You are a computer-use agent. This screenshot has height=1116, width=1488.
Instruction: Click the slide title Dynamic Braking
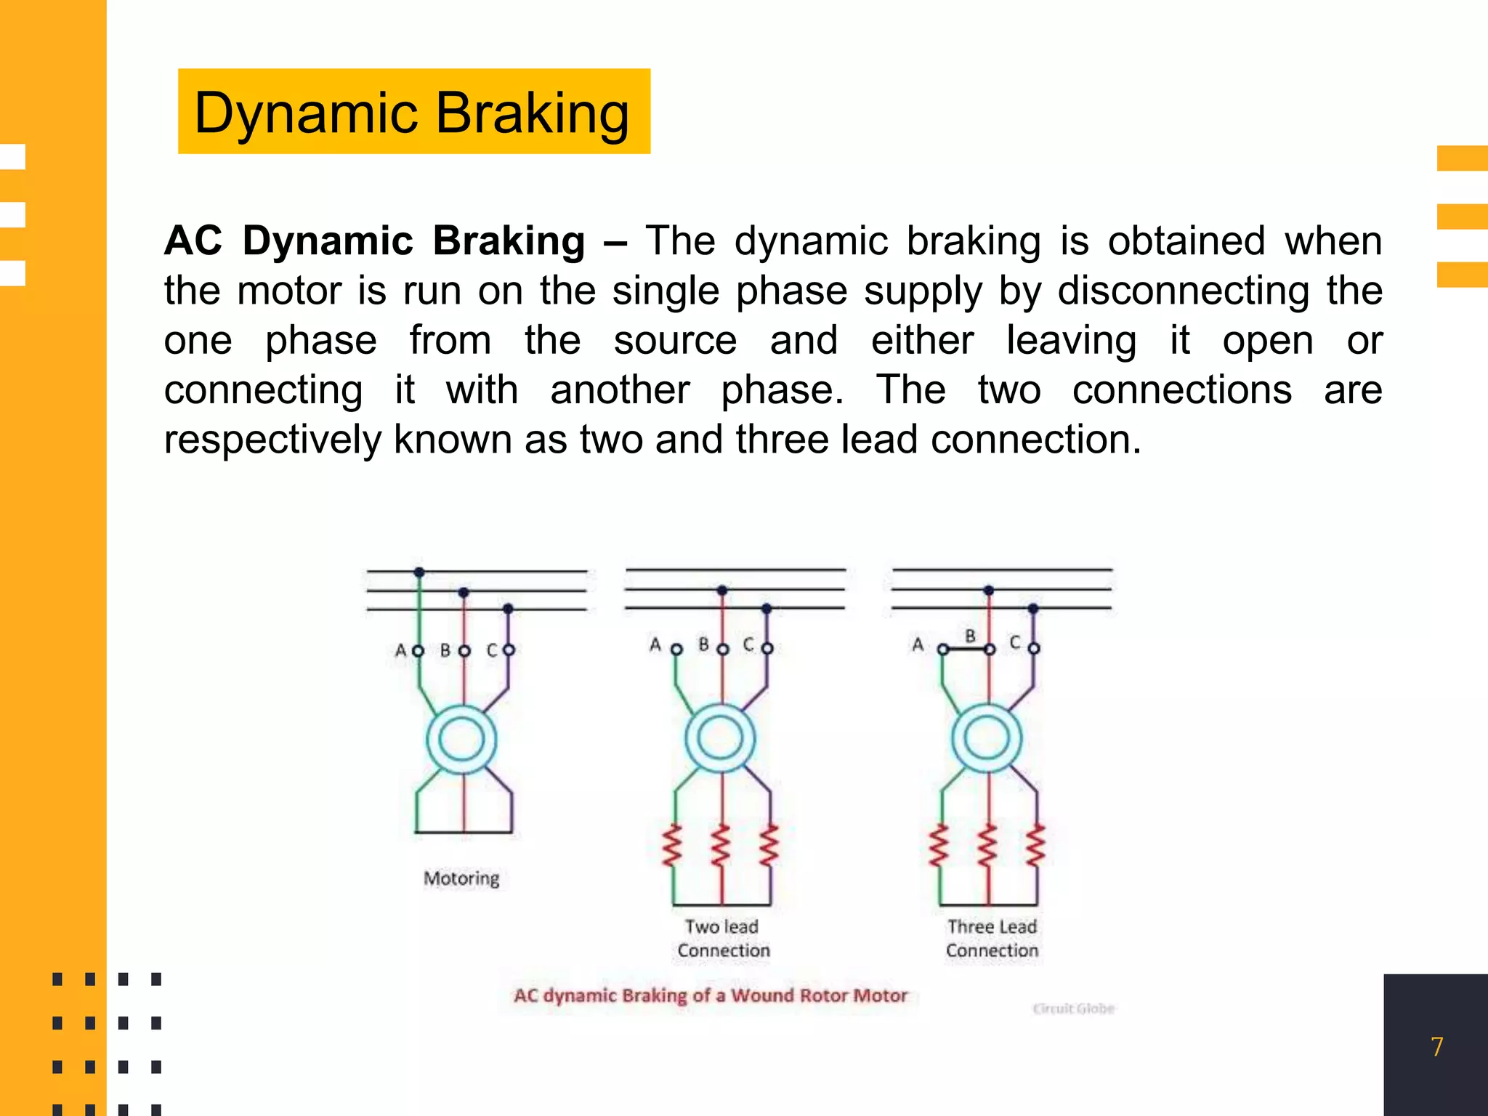pos(412,113)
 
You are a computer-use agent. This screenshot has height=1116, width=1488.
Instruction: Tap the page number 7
pos(1436,1046)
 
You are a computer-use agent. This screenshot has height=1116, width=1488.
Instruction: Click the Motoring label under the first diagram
pos(461,878)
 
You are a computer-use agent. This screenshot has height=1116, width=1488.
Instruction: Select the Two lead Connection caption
pos(723,938)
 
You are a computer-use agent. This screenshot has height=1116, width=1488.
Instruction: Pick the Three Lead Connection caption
pos(992,938)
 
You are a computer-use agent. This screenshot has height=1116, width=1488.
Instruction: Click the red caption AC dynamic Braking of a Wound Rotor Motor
pos(711,995)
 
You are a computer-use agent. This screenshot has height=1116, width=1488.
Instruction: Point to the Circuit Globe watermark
pos(1073,1008)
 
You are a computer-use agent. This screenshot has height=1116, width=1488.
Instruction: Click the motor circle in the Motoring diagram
pos(461,740)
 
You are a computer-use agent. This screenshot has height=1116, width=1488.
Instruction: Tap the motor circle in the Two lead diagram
pos(720,738)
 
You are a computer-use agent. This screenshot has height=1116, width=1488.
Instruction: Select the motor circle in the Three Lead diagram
pos(987,738)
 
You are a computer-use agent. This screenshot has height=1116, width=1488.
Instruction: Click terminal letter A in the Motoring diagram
pos(400,650)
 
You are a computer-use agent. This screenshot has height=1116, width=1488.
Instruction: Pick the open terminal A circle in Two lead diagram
pos(676,649)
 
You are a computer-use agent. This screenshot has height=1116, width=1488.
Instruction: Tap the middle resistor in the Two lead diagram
pos(721,846)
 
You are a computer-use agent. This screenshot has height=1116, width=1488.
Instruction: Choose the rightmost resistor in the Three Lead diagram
pos(1036,846)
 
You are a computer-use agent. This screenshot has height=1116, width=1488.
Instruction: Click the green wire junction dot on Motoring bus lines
pos(419,573)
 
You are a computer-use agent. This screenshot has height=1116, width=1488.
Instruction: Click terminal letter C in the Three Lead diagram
pos(1015,642)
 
